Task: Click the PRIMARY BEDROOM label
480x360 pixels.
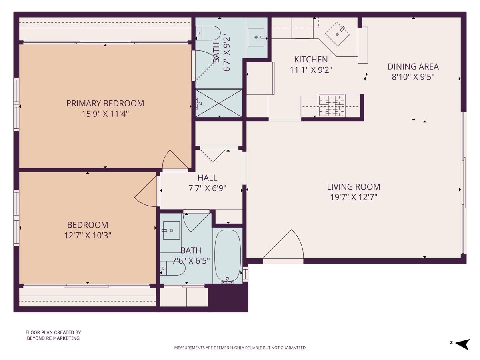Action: [x=105, y=103]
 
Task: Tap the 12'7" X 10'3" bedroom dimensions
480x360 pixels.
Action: [x=88, y=235]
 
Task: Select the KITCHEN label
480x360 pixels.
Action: [x=311, y=60]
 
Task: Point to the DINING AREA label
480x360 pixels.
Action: [x=413, y=66]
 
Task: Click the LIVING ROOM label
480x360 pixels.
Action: [x=354, y=186]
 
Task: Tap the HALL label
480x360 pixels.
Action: [x=207, y=178]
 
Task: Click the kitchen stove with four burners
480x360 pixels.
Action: [x=331, y=105]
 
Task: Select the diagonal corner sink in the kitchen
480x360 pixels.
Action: [x=337, y=34]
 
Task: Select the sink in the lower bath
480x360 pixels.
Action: [x=171, y=230]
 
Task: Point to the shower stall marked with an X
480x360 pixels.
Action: [x=219, y=103]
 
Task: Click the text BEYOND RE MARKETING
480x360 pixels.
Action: [x=53, y=338]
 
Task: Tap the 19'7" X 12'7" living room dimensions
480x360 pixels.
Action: [x=354, y=197]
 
